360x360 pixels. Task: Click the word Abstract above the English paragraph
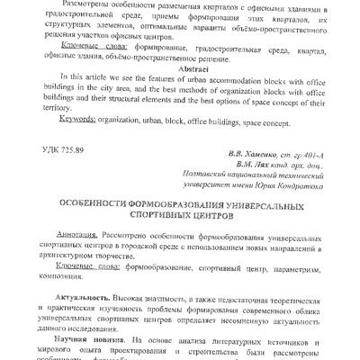[179, 67]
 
